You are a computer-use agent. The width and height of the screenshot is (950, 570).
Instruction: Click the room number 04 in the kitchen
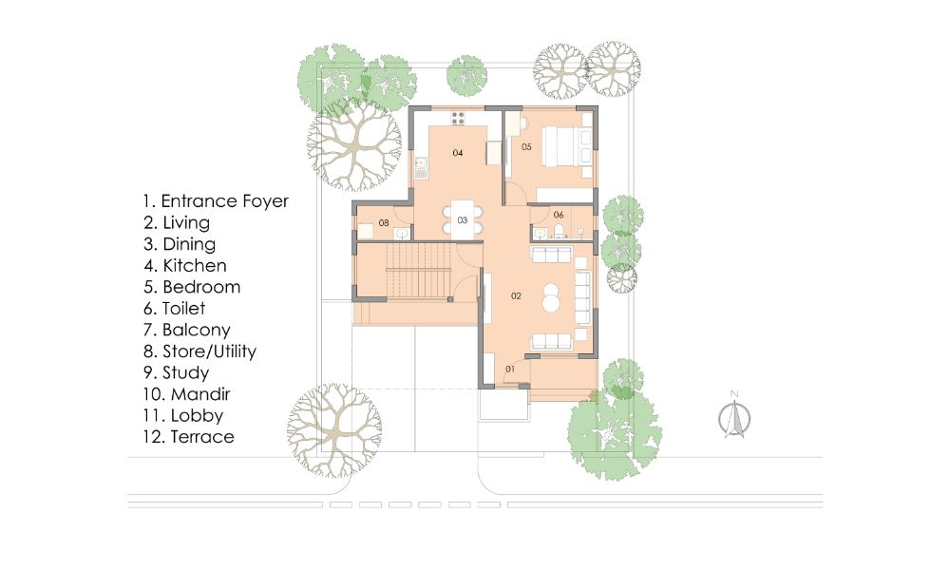coord(457,153)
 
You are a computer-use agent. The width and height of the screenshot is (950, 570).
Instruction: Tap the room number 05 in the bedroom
coord(525,146)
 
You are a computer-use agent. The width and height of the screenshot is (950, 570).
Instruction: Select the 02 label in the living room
coord(516,296)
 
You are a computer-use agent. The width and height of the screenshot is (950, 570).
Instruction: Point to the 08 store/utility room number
coord(384,223)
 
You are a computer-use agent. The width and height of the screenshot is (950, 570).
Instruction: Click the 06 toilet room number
coord(559,215)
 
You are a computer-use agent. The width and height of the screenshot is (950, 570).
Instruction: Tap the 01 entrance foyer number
coord(509,368)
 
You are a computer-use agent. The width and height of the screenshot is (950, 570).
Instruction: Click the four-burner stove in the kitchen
coord(458,119)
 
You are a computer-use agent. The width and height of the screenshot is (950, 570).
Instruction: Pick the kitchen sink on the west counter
coord(421,167)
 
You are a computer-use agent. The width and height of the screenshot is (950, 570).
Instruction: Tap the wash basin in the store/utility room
coord(403,231)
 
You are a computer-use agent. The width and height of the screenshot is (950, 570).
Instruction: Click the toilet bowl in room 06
coord(561,232)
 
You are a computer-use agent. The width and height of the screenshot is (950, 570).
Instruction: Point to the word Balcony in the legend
coord(197,330)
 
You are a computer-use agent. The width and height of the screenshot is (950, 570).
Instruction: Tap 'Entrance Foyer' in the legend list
coord(224,201)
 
